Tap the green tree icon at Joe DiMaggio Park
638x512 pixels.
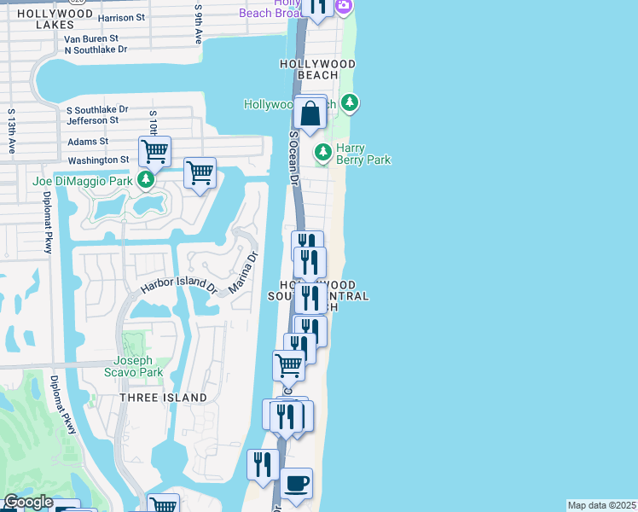147,180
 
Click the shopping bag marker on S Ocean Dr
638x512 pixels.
310,113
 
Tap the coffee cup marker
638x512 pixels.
296,484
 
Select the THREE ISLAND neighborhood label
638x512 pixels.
163,398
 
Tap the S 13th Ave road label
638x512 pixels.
12,131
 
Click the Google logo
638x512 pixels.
28,503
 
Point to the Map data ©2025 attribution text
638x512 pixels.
602,505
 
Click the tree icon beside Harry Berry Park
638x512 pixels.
323,153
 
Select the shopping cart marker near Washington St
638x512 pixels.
154,152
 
